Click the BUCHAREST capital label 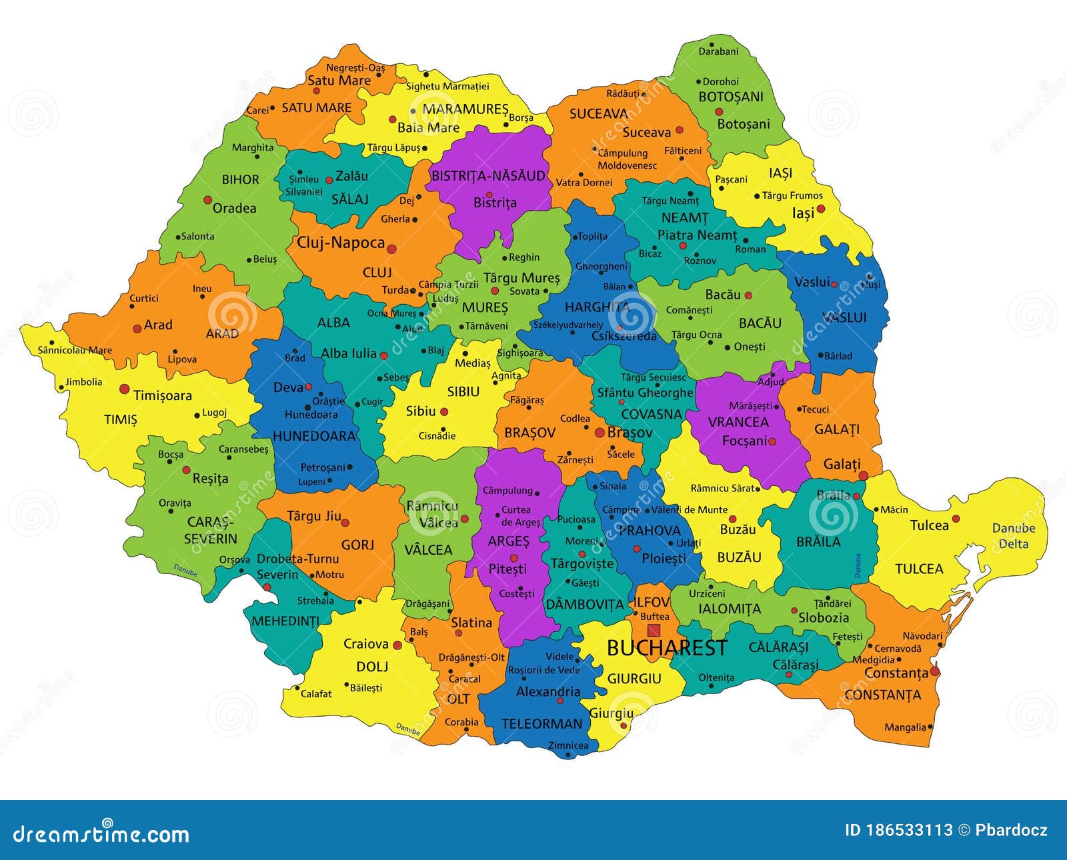[x=666, y=648]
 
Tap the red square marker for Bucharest [x=654, y=630]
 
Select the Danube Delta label [x=1013, y=536]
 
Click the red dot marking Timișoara [x=124, y=389]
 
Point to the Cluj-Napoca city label [x=341, y=243]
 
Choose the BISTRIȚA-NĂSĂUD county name [x=489, y=176]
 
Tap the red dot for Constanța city [x=935, y=671]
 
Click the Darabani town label [x=718, y=51]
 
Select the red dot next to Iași [x=821, y=209]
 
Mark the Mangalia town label [x=905, y=727]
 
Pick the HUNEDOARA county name [x=314, y=436]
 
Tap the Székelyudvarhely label [x=568, y=325]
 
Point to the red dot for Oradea [x=208, y=200]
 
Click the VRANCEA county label [x=738, y=422]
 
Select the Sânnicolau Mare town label [x=75, y=350]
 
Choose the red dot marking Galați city [x=864, y=475]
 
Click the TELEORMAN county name [x=542, y=723]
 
